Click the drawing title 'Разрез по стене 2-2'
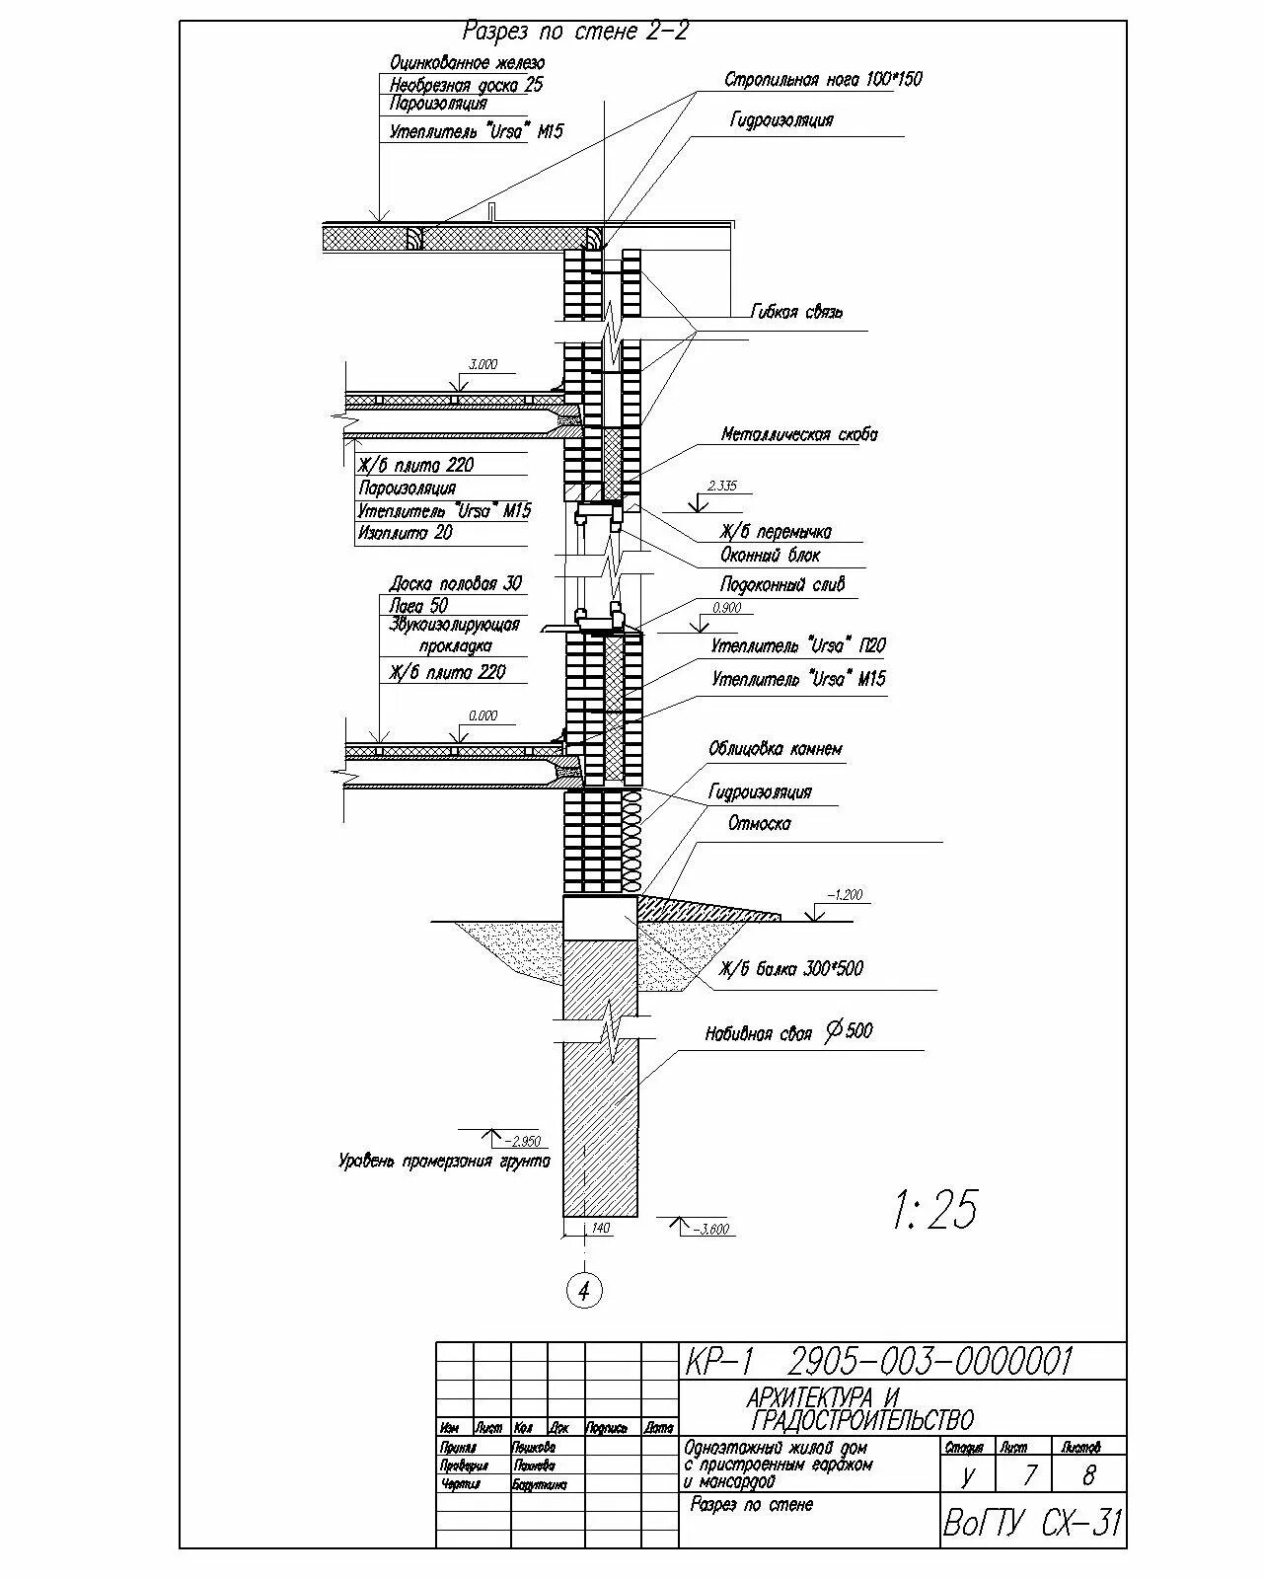pyautogui.click(x=575, y=32)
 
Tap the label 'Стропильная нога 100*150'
pyautogui.click(x=823, y=80)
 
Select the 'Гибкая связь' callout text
pyautogui.click(x=796, y=313)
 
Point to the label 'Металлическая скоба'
pyautogui.click(x=798, y=434)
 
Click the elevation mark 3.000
pyautogui.click(x=483, y=365)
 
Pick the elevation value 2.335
pyautogui.click(x=722, y=487)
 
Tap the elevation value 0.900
pyautogui.click(x=726, y=608)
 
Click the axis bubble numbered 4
pyautogui.click(x=584, y=1290)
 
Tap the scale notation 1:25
pyautogui.click(x=933, y=1211)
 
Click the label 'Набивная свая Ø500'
pyautogui.click(x=788, y=1033)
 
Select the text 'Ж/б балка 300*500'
pyautogui.click(x=791, y=969)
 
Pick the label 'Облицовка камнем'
pyautogui.click(x=776, y=750)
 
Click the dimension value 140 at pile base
pyautogui.click(x=600, y=1229)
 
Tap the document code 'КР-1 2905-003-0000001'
pyautogui.click(x=877, y=1363)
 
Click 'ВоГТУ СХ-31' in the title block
pyautogui.click(x=1031, y=1524)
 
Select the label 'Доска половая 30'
pyautogui.click(x=455, y=583)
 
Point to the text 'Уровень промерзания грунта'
pyautogui.click(x=444, y=1162)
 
